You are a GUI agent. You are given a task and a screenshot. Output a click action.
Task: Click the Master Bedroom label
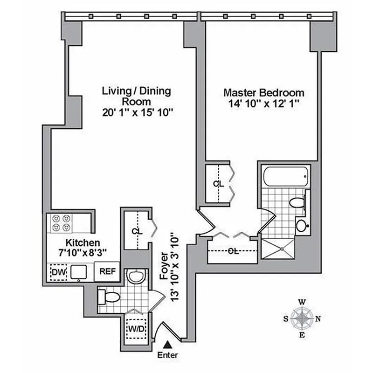[x=263, y=92]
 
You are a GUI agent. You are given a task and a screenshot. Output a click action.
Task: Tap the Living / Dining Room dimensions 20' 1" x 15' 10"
[x=137, y=112]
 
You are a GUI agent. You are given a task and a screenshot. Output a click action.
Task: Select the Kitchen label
[x=83, y=242]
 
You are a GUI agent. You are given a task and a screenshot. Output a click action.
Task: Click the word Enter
[x=167, y=355]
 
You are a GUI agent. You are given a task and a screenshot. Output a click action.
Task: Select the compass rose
[x=303, y=319]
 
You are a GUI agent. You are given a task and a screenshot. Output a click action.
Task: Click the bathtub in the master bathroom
[x=283, y=177]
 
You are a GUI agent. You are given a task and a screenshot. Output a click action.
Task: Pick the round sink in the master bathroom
[x=302, y=226]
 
